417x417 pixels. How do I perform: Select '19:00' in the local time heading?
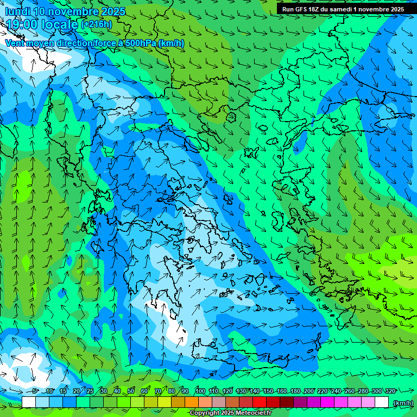point(22,24)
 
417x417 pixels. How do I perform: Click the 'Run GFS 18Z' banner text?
point(304,9)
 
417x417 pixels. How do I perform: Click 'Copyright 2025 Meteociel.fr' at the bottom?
point(230,413)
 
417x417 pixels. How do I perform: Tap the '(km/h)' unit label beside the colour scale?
point(403,403)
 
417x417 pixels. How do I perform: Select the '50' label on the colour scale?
point(131,391)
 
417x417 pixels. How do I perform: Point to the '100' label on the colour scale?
point(200,391)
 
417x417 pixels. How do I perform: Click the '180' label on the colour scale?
point(295,391)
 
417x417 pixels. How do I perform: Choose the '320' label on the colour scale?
point(390,391)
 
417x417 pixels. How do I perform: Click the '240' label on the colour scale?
point(336,391)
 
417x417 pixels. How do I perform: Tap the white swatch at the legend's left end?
point(29,402)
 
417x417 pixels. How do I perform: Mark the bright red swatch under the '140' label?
point(260,402)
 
